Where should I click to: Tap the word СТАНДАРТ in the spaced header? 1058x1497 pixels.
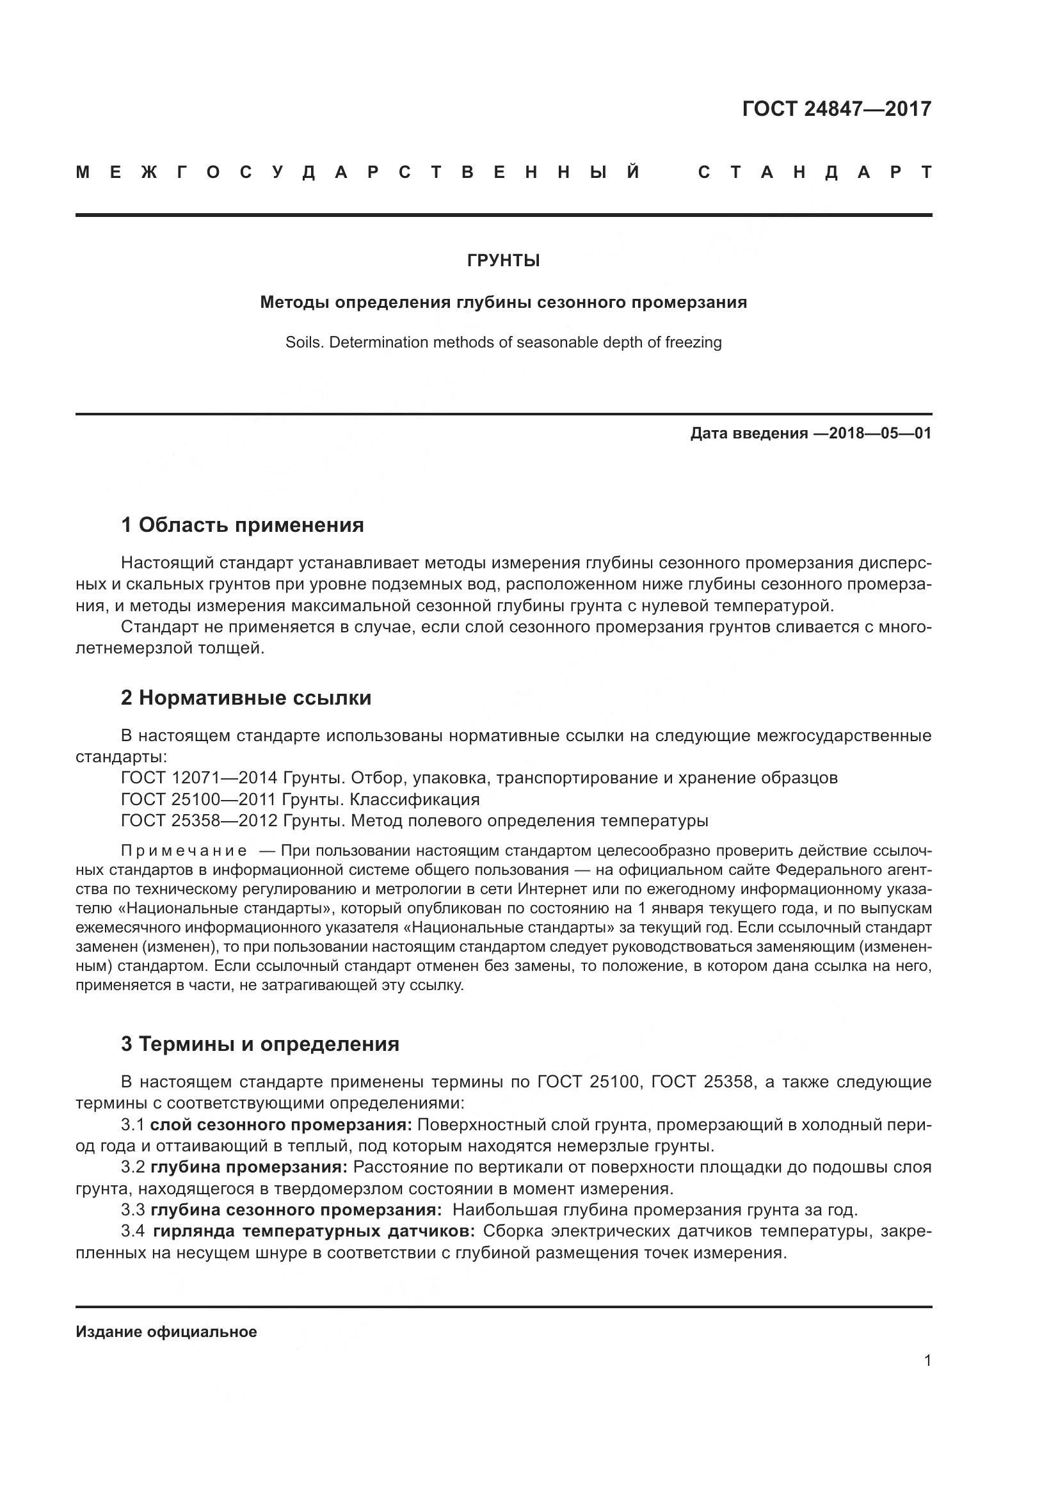pyautogui.click(x=814, y=173)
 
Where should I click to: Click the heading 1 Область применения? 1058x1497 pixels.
pyautogui.click(x=243, y=525)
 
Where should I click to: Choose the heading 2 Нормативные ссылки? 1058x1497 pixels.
pyautogui.click(x=246, y=698)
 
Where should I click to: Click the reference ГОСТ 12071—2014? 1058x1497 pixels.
pyautogui.click(x=199, y=778)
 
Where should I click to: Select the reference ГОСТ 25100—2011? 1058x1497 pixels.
pyautogui.click(x=199, y=799)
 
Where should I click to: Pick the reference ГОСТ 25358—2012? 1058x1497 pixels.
pyautogui.click(x=199, y=821)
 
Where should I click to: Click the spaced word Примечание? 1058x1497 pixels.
pyautogui.click(x=184, y=851)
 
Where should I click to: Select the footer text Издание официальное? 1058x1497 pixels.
pyautogui.click(x=166, y=1332)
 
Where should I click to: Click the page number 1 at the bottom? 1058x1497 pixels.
pyautogui.click(x=927, y=1361)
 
